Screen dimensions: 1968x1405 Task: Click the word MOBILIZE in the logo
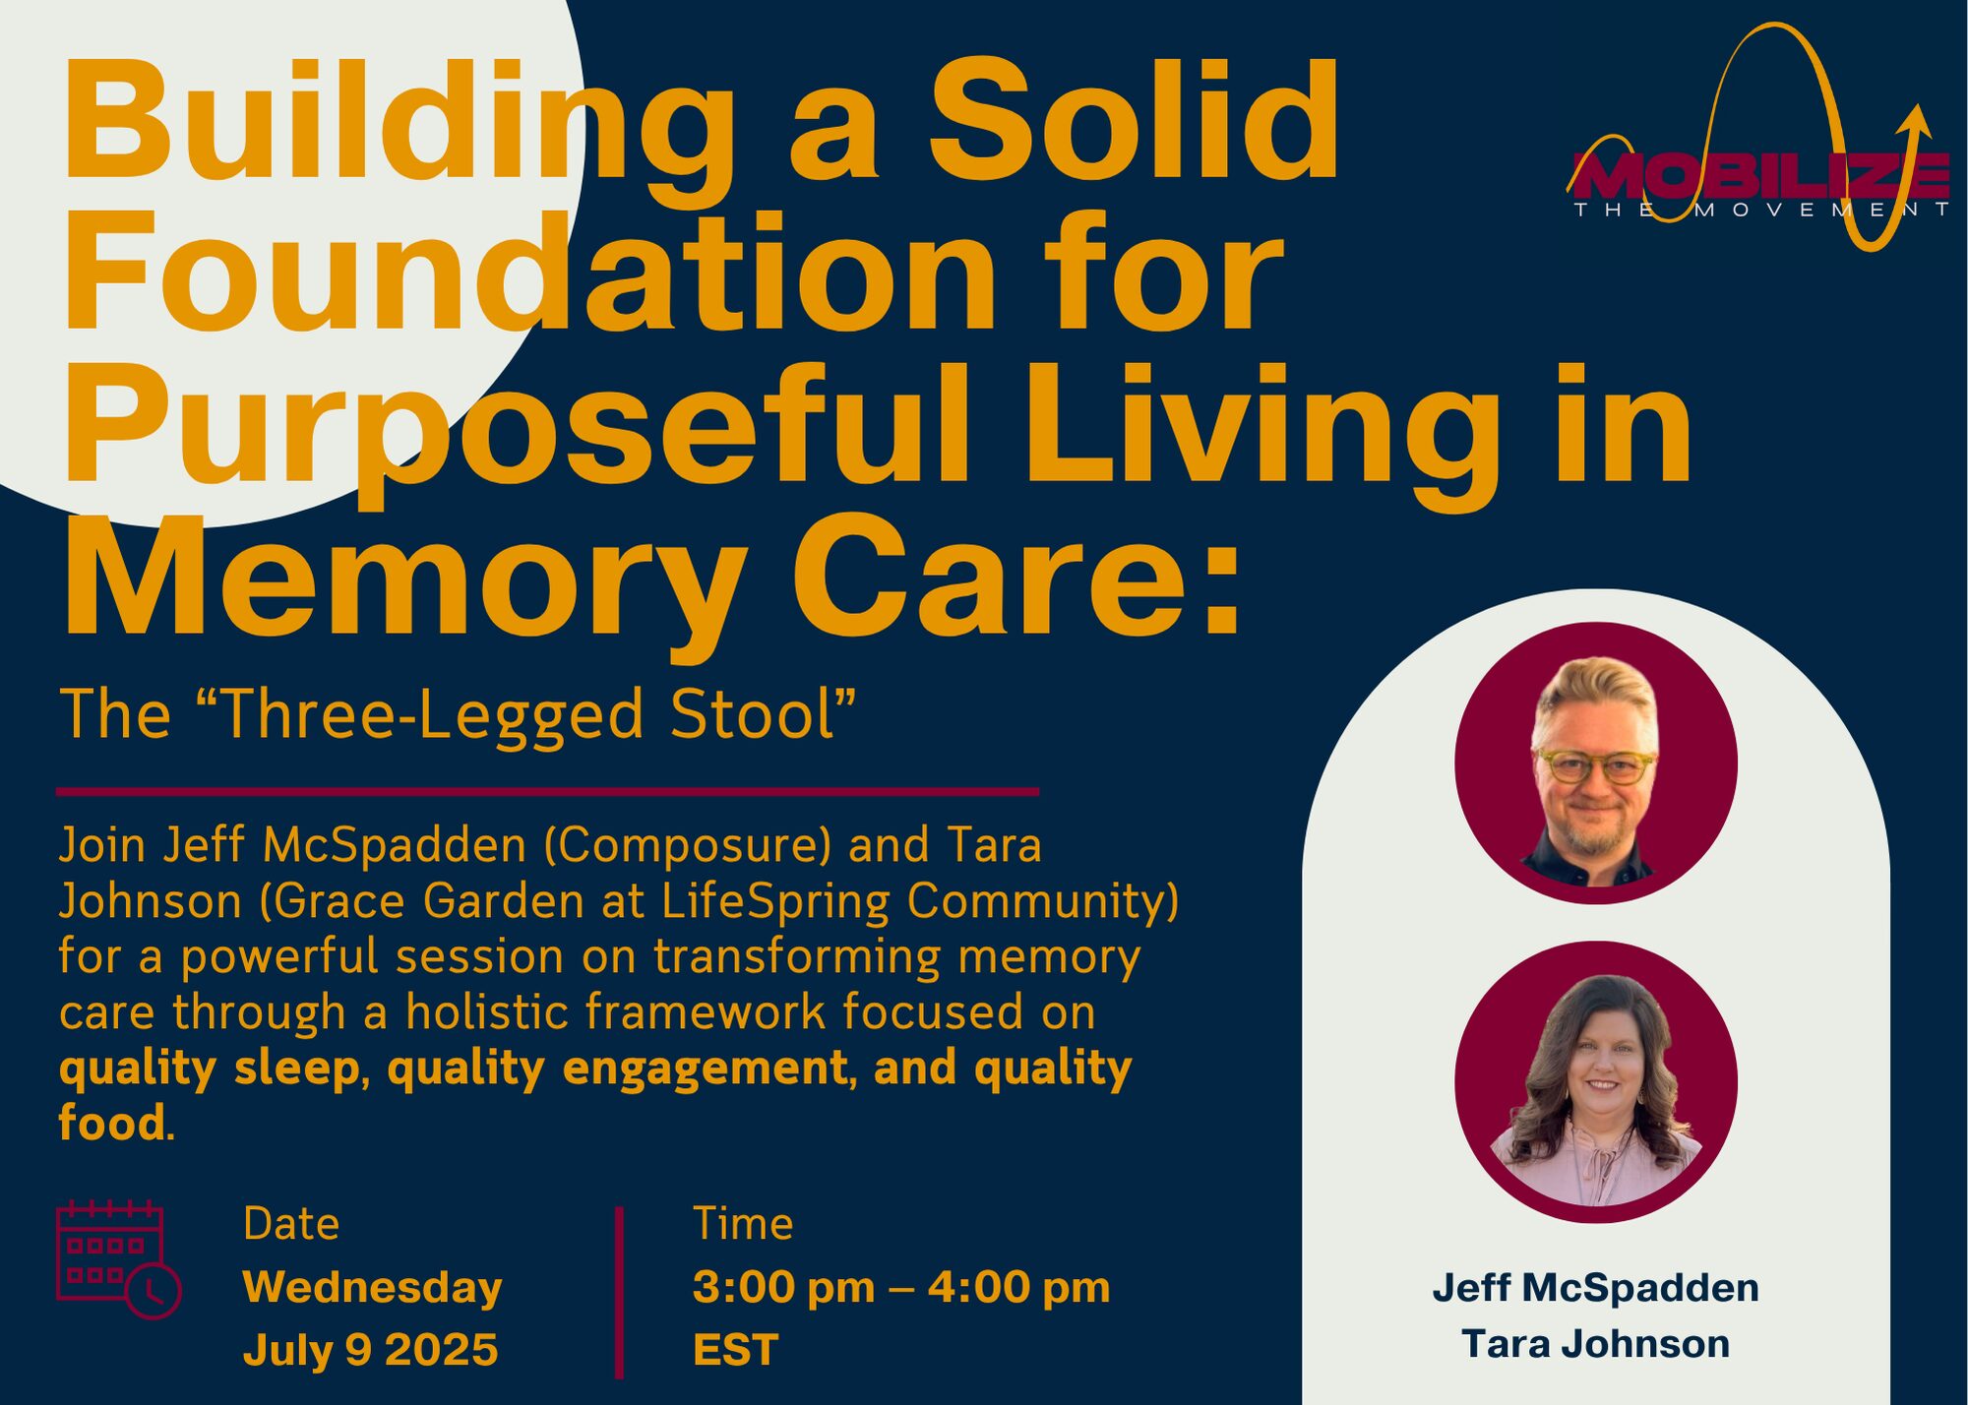coord(1758,175)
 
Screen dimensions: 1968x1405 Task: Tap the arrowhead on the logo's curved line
coord(1914,123)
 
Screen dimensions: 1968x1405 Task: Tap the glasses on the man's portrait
coord(1596,766)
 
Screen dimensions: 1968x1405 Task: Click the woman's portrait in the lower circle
coord(1596,1082)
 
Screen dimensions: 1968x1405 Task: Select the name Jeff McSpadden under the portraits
coord(1595,1287)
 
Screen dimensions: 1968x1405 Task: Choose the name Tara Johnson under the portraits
coord(1595,1343)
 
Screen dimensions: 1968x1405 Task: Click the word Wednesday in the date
coord(372,1288)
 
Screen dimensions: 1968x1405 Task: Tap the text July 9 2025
coord(370,1349)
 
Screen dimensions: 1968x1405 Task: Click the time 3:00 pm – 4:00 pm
coord(901,1287)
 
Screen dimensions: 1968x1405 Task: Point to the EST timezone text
coord(736,1349)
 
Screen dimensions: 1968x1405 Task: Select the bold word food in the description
coord(112,1123)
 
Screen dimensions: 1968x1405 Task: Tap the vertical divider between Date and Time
coord(619,1293)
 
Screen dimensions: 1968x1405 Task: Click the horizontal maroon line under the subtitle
coord(547,791)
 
